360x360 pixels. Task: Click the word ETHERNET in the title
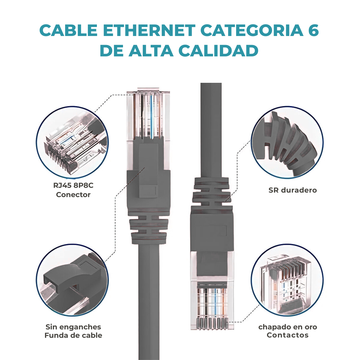click(x=149, y=30)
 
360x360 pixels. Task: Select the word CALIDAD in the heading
click(x=218, y=51)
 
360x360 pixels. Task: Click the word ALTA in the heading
click(x=151, y=51)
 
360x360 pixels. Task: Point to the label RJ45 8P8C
click(x=73, y=185)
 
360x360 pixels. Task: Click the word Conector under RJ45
click(x=73, y=195)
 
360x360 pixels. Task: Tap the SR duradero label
click(x=292, y=190)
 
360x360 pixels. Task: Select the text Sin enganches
click(x=73, y=327)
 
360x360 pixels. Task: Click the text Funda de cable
click(x=73, y=335)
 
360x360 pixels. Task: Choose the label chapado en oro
click(x=288, y=327)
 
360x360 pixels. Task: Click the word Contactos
click(x=288, y=335)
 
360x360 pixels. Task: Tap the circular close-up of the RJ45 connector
click(x=72, y=142)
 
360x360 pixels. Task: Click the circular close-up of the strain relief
click(x=287, y=142)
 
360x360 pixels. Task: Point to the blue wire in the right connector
click(x=215, y=302)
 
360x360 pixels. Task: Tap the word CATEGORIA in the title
click(x=252, y=30)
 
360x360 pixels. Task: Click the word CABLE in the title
click(x=68, y=30)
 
